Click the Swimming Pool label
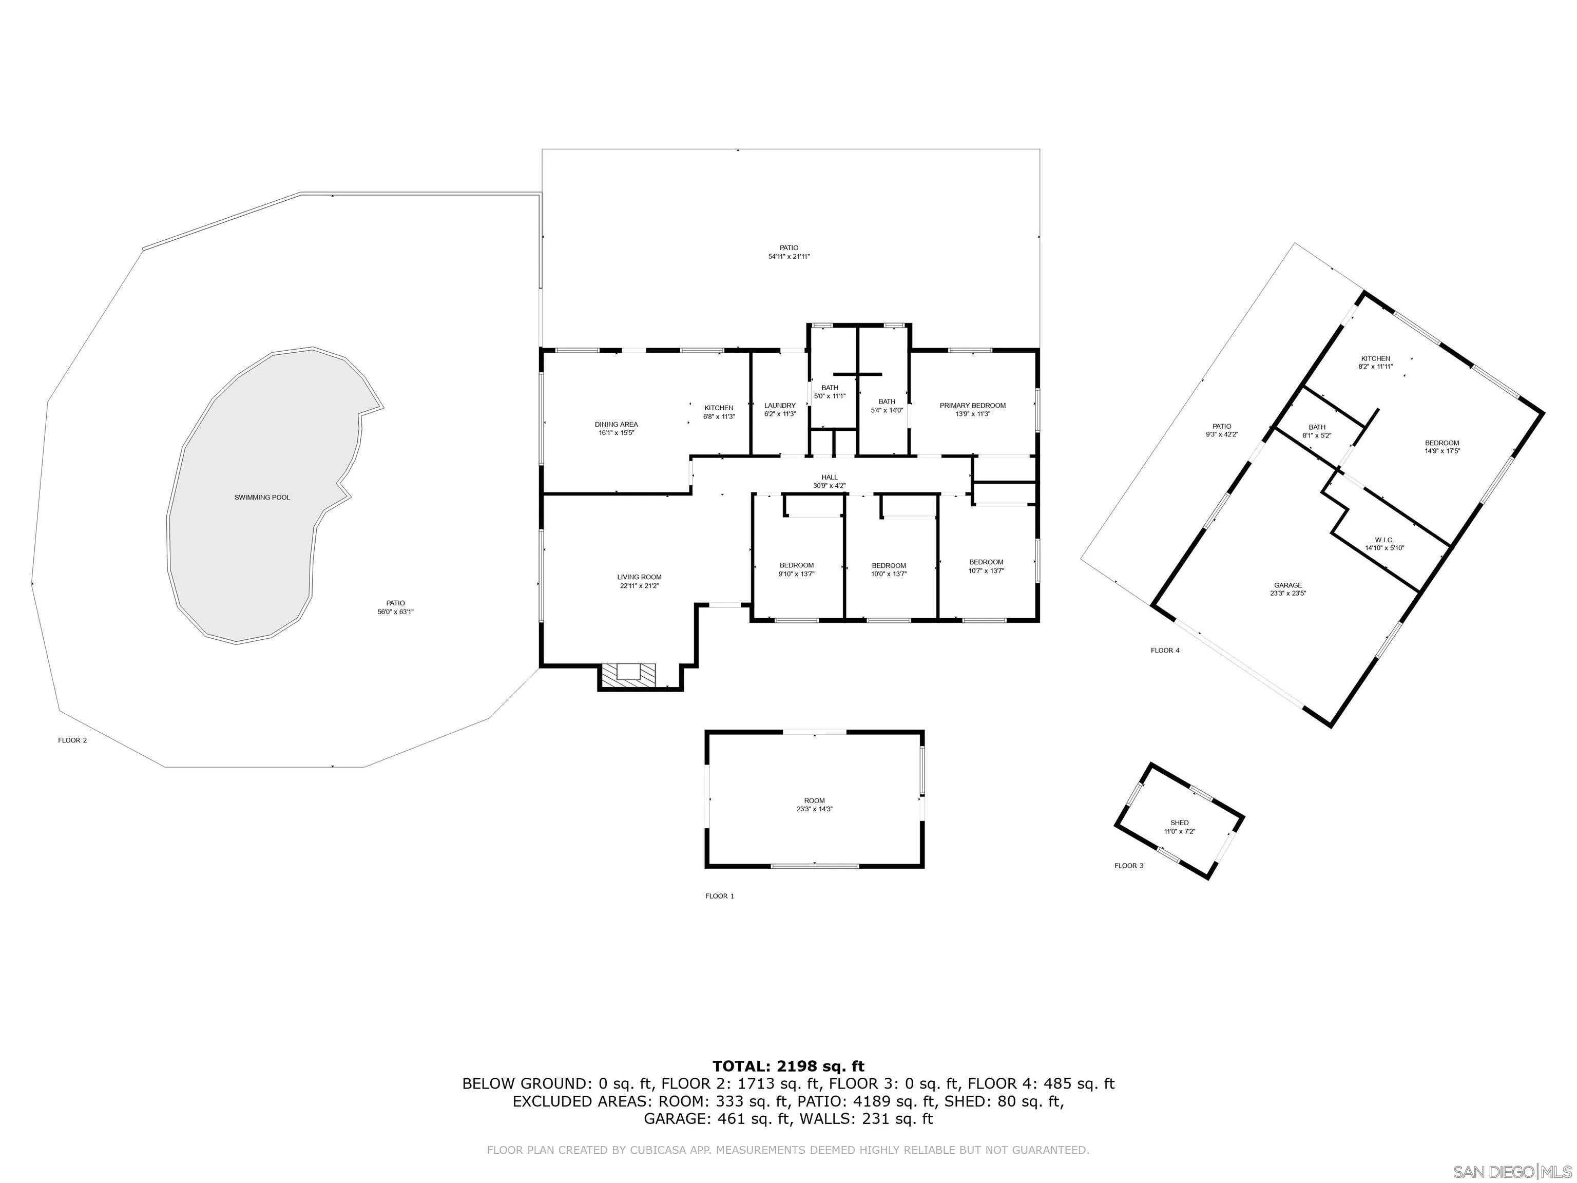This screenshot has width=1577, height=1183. [x=262, y=497]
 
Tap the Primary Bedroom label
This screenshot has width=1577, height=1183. [x=972, y=405]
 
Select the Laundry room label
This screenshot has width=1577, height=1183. [x=779, y=405]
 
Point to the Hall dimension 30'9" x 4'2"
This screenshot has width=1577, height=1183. [x=829, y=486]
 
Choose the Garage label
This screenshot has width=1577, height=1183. [x=1287, y=585]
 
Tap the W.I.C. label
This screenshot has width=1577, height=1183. [x=1384, y=540]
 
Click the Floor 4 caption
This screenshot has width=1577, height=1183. [x=1165, y=651]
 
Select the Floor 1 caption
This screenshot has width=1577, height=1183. [x=719, y=895]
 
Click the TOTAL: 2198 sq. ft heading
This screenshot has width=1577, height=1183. [x=788, y=1066]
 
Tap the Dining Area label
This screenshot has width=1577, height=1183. [x=616, y=424]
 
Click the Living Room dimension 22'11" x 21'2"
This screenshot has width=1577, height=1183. [x=639, y=586]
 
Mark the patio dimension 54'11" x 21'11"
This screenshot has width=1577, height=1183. [x=788, y=257]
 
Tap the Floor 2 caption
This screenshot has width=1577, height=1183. [x=72, y=740]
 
